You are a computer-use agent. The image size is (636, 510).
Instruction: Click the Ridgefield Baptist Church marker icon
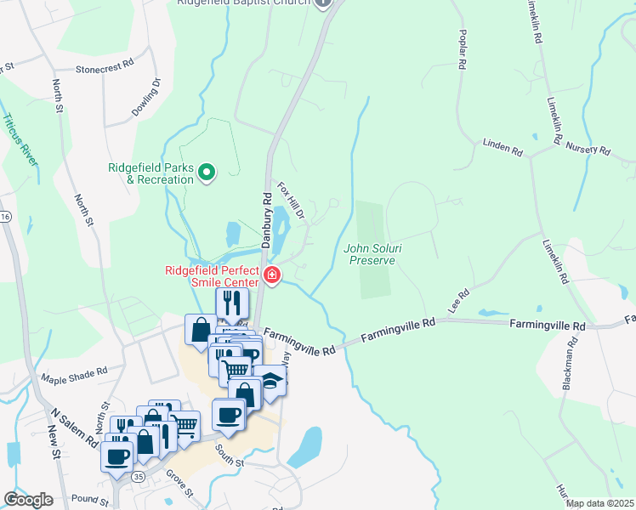pyautogui.click(x=322, y=3)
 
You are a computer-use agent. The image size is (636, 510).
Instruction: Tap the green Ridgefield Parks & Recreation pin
pyautogui.click(x=206, y=173)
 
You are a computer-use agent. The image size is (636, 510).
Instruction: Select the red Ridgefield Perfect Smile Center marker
pyautogui.click(x=271, y=275)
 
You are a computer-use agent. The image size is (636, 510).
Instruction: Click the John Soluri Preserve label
pyautogui.click(x=370, y=254)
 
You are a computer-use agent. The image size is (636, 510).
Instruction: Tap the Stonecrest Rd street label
pyautogui.click(x=105, y=65)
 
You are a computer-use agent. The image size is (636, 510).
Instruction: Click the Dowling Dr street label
pyautogui.click(x=146, y=98)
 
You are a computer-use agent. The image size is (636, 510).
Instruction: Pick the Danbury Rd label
pyautogui.click(x=266, y=220)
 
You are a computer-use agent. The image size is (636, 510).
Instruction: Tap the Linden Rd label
pyautogui.click(x=503, y=147)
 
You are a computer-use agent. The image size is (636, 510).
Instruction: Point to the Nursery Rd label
pyautogui.click(x=588, y=150)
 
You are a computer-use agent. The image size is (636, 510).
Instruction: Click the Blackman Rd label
pyautogui.click(x=569, y=363)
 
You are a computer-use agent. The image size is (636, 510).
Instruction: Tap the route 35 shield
pyautogui.click(x=138, y=478)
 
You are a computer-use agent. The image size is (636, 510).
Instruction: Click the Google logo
pyautogui.click(x=28, y=500)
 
